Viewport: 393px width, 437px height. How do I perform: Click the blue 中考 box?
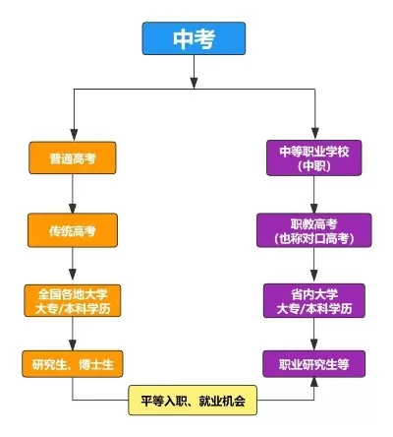click(x=193, y=37)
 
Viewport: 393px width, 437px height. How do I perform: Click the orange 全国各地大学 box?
click(x=73, y=301)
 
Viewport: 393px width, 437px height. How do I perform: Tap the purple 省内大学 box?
click(x=314, y=301)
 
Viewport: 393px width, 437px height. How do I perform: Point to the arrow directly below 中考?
click(x=193, y=71)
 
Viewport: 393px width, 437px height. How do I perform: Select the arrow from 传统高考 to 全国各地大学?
click(x=73, y=266)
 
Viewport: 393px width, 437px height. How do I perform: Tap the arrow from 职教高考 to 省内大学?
click(x=314, y=266)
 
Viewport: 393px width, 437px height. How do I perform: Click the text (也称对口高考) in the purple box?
click(x=314, y=238)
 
